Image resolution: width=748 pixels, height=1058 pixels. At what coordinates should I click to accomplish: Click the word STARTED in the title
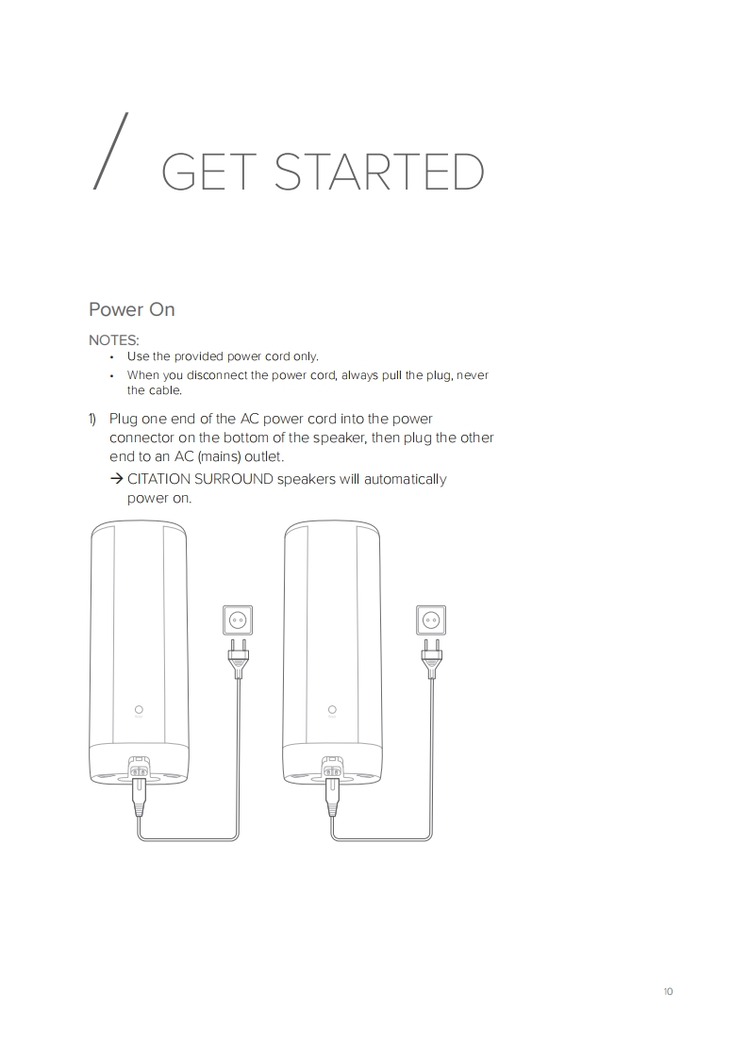379,172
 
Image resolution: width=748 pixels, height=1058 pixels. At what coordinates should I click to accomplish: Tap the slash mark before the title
110,151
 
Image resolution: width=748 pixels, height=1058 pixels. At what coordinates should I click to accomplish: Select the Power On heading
132,309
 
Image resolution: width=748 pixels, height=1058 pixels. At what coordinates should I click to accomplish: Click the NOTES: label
114,340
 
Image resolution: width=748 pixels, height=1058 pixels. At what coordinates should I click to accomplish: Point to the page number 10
669,991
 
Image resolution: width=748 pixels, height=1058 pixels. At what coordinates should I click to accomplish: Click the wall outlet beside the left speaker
238,620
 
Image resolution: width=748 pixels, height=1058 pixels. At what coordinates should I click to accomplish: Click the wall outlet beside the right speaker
431,620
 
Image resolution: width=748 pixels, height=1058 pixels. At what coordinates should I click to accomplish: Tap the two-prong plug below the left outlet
238,658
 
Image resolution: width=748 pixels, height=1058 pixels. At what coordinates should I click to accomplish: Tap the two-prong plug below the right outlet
431,658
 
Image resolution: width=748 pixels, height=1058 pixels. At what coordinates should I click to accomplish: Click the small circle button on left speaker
139,709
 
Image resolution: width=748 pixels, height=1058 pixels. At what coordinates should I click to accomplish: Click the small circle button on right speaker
331,709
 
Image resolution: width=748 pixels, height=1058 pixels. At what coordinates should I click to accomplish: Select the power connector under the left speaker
139,769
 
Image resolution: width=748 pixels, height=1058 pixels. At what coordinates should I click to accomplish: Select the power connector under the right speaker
331,769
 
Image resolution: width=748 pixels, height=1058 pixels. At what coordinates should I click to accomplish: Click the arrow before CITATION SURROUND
116,479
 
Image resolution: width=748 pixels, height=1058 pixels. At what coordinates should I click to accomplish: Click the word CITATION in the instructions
158,479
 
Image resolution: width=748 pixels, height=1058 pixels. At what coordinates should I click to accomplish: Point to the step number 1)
92,419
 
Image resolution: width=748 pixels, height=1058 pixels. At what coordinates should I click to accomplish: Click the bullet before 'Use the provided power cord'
112,357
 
